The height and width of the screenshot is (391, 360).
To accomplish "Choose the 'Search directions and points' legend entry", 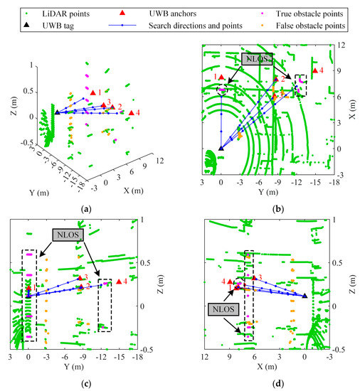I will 189,26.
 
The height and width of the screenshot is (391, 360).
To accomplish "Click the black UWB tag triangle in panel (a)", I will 57,112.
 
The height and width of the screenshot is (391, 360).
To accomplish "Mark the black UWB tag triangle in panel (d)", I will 305,295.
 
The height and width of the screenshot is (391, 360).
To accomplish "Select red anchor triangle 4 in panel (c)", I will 119,282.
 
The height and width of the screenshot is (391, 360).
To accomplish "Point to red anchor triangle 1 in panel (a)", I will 92,92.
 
